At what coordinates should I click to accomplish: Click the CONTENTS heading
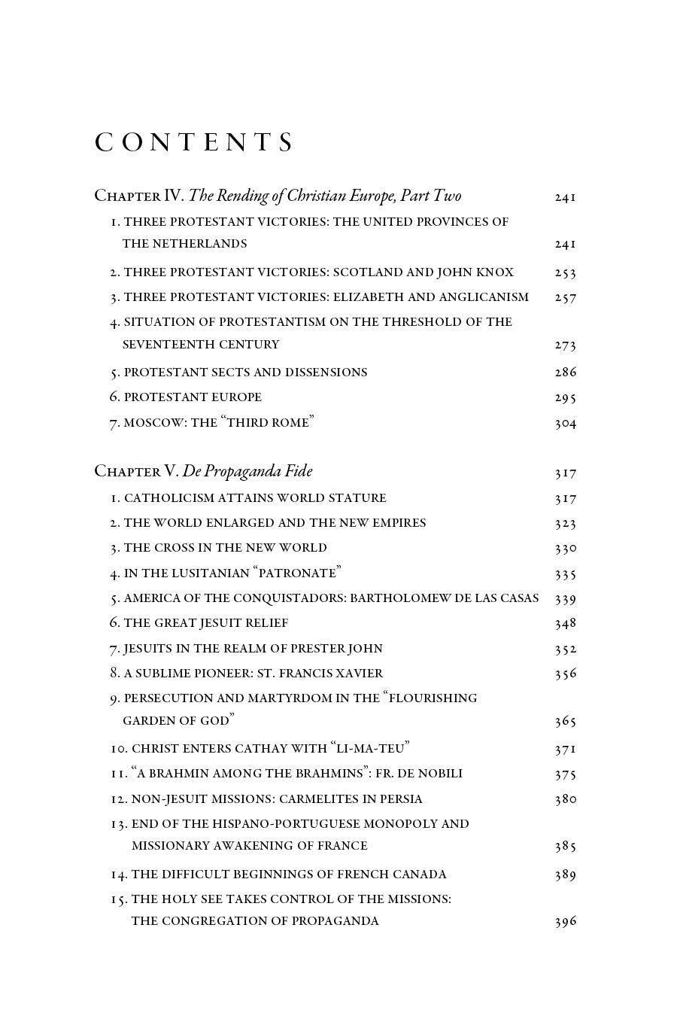click(193, 142)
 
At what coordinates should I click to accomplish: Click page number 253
click(565, 272)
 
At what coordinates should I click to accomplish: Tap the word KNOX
click(495, 272)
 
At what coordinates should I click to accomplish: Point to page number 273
click(565, 345)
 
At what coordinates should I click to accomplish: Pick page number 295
click(565, 397)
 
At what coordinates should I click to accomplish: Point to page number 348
click(565, 623)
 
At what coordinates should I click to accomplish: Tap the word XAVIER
click(357, 673)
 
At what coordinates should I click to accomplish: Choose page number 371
click(565, 749)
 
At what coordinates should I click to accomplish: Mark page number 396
click(565, 921)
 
